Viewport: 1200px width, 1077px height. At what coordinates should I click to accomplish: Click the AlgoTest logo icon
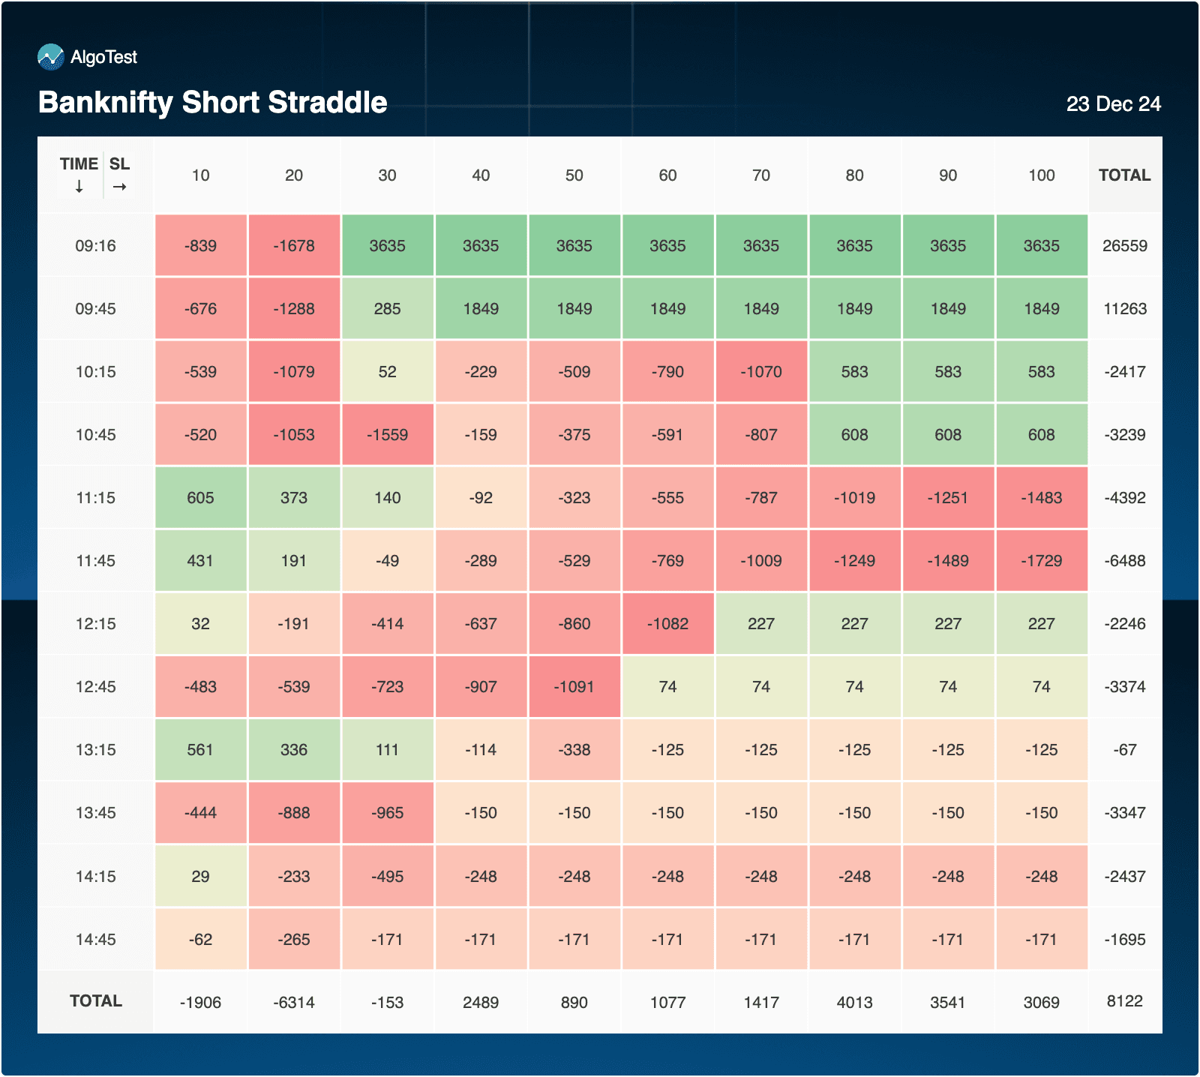tap(51, 57)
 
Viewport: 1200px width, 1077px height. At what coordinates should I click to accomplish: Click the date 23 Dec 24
tap(1113, 103)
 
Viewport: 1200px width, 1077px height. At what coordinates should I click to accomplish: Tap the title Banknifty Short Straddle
tap(212, 102)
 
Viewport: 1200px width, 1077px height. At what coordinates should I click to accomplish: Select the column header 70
tap(760, 175)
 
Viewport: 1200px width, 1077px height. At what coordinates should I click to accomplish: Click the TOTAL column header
tap(1124, 175)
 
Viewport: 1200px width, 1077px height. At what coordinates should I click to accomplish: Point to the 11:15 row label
tap(95, 498)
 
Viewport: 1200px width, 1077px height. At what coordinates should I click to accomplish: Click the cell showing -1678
tap(294, 246)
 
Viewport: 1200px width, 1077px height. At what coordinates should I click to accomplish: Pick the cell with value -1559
tap(387, 435)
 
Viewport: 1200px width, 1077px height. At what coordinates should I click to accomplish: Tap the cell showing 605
tap(200, 498)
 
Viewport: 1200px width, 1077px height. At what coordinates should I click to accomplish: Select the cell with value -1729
tap(1041, 561)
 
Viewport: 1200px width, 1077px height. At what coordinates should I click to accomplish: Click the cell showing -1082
tap(667, 624)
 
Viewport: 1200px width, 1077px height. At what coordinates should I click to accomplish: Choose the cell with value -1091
tap(574, 687)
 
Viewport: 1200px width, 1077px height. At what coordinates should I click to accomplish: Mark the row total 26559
tap(1124, 246)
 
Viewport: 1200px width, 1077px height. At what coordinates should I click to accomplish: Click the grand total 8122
tap(1124, 1001)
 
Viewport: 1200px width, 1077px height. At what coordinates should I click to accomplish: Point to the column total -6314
tap(294, 1002)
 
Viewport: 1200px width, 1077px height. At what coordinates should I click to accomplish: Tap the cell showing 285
tap(387, 309)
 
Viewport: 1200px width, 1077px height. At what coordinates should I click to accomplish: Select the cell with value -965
tap(387, 813)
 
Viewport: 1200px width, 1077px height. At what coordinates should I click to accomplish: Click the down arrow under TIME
tap(79, 187)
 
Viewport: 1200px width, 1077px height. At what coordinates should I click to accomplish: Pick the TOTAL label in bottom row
tap(95, 1001)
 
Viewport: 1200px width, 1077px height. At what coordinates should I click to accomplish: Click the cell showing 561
tap(200, 750)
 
